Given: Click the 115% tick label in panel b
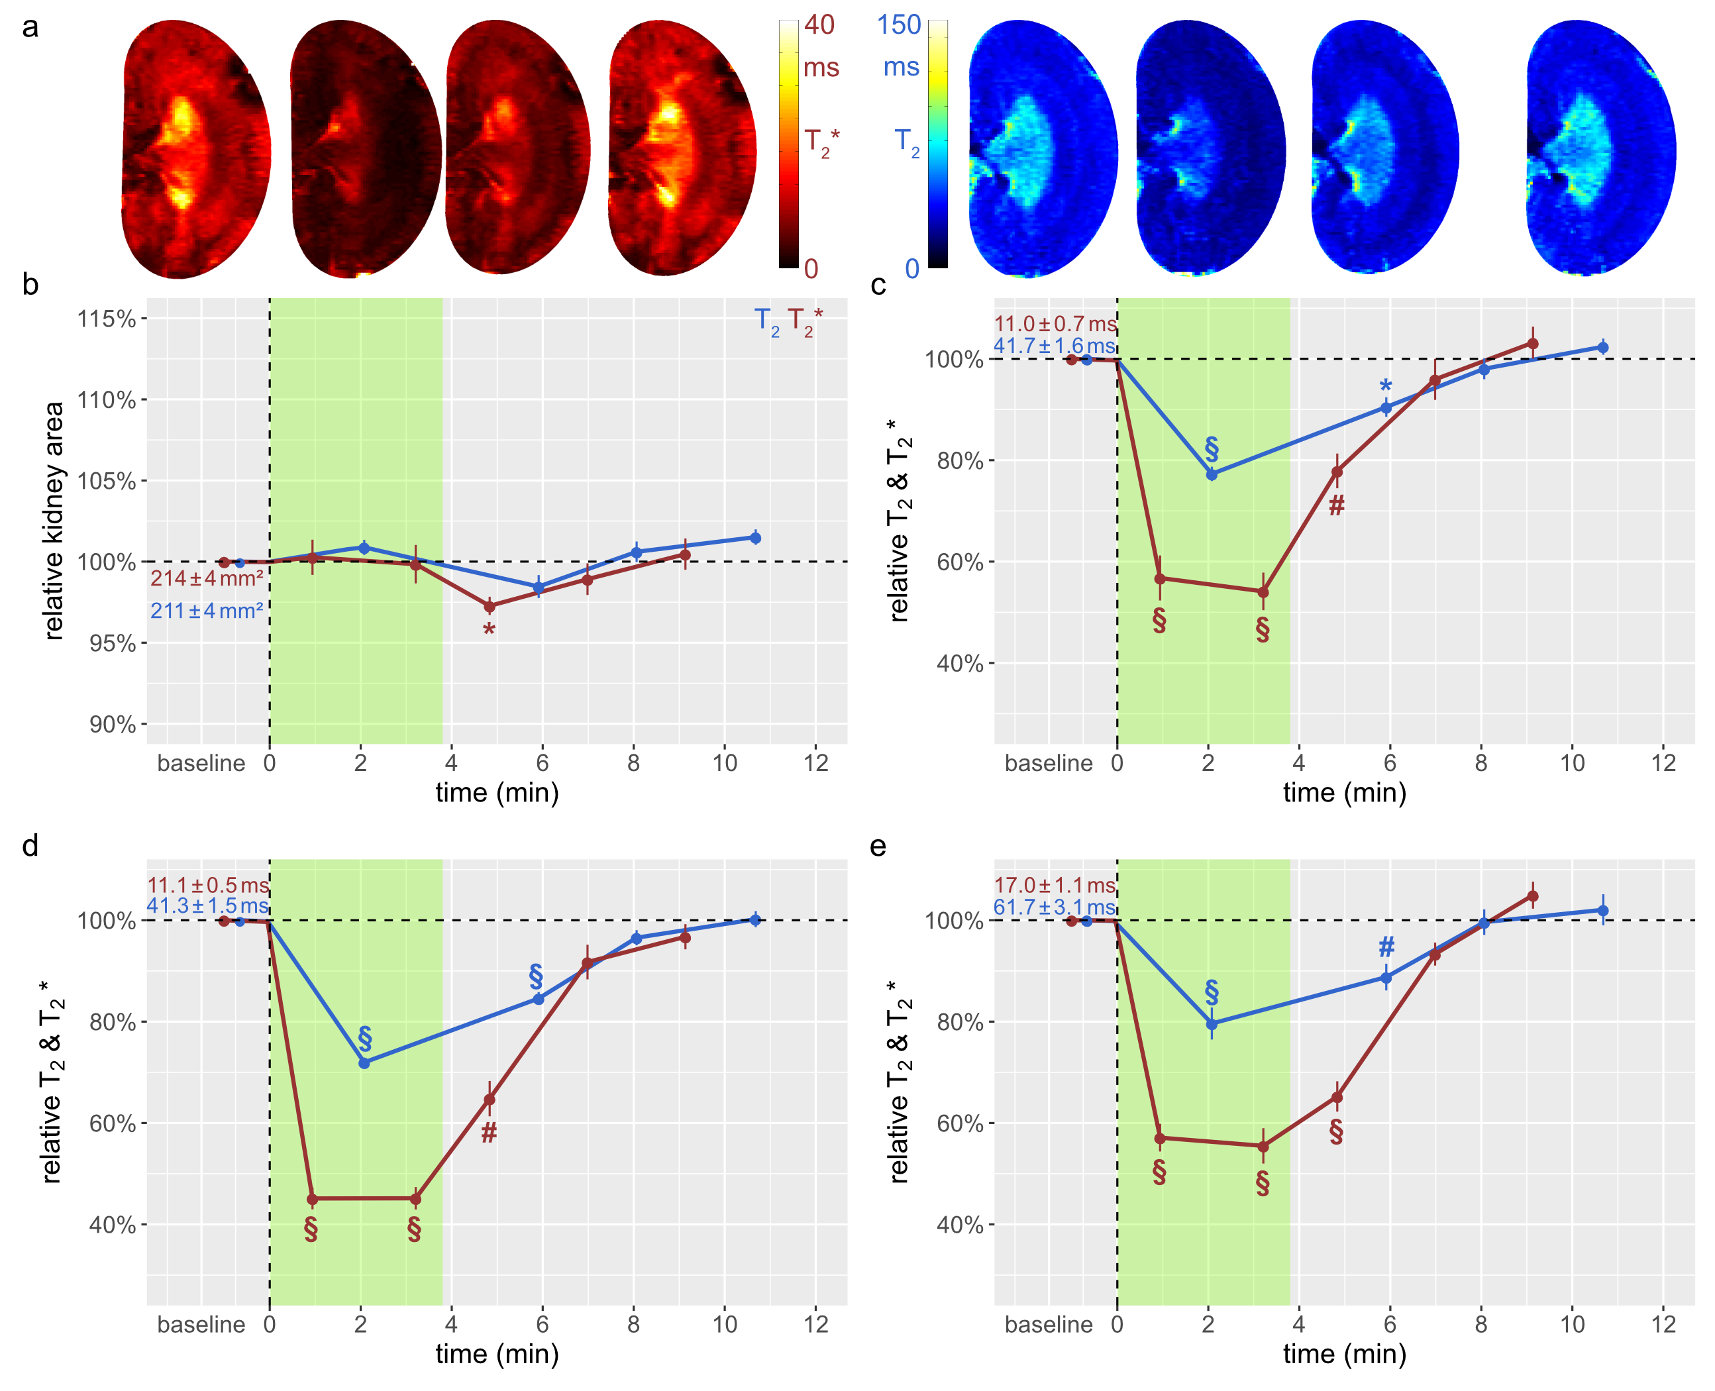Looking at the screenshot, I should pos(106,319).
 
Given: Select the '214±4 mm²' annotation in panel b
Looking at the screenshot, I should pos(207,578).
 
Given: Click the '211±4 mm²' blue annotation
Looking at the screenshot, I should pos(207,611).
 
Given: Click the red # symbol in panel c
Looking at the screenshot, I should pos(1336,505).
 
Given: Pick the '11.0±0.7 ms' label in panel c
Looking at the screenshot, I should pos(1055,324).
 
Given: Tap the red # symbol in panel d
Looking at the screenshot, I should pos(489,1132).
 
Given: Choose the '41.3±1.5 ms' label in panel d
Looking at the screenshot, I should pos(207,905).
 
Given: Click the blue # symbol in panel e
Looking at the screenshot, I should pos(1386,947).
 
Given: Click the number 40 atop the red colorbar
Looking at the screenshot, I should pos(819,25).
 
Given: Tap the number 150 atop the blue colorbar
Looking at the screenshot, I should pos(898,25).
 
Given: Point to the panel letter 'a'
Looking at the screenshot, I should pos(30,27).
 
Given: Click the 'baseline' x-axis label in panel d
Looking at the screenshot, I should pos(201,1325).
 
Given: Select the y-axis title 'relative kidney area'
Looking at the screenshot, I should pos(54,521).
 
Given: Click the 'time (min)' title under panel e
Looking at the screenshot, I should pos(1344,1354).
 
